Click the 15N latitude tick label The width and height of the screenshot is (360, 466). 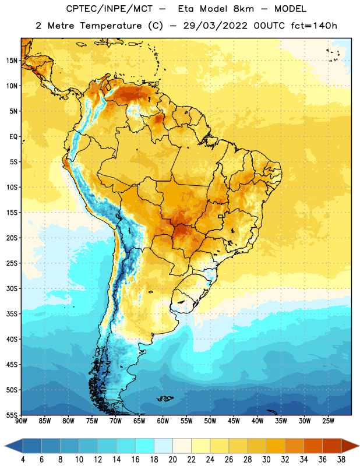pyautogui.click(x=12, y=61)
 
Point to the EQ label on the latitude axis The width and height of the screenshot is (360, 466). pyautogui.click(x=13, y=137)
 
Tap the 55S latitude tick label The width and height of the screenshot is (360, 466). pyautogui.click(x=12, y=415)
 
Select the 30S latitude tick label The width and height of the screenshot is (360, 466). pyautogui.click(x=12, y=288)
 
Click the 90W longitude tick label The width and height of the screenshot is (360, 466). pyautogui.click(x=21, y=421)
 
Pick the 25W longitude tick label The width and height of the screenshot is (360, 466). pyautogui.click(x=328, y=421)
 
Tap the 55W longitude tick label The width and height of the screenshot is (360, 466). pyautogui.click(x=186, y=421)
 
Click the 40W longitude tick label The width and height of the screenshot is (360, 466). pyautogui.click(x=257, y=421)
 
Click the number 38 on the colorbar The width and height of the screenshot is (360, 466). pyautogui.click(x=341, y=460)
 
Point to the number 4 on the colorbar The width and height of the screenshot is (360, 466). pyautogui.click(x=23, y=460)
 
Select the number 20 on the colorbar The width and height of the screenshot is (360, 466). pyautogui.click(x=172, y=460)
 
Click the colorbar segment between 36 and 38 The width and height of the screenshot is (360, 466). pyautogui.click(x=332, y=446)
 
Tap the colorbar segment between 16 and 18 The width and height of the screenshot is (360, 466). pyautogui.click(x=145, y=446)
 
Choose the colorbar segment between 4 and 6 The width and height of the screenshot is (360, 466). pyautogui.click(x=32, y=446)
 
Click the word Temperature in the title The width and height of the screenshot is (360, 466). pyautogui.click(x=111, y=26)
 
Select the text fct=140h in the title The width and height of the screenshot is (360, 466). pyautogui.click(x=314, y=26)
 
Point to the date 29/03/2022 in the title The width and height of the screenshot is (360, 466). pyautogui.click(x=215, y=26)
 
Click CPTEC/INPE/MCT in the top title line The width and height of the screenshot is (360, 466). pyautogui.click(x=109, y=9)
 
